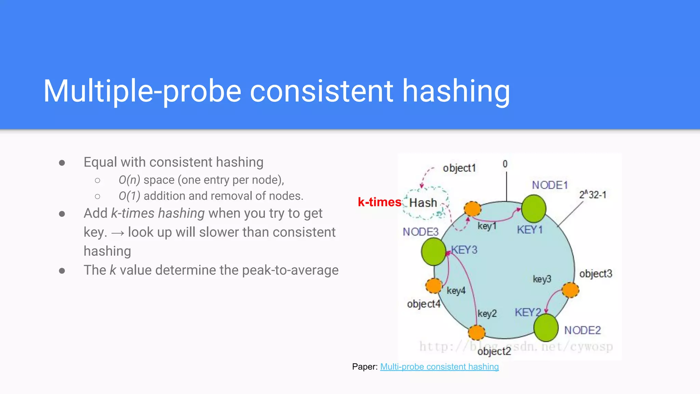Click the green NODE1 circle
click(534, 209)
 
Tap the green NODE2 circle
click(546, 327)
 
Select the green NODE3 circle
click(433, 252)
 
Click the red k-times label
click(379, 202)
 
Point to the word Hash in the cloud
click(423, 203)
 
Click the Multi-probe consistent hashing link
click(439, 367)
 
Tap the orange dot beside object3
click(570, 290)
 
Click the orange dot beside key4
click(434, 286)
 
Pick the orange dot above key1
click(472, 208)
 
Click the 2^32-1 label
click(592, 195)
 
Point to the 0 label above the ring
click(505, 164)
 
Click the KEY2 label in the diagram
click(527, 312)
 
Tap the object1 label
click(459, 168)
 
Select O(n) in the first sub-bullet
click(129, 180)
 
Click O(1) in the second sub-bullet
click(129, 196)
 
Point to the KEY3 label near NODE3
click(464, 250)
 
